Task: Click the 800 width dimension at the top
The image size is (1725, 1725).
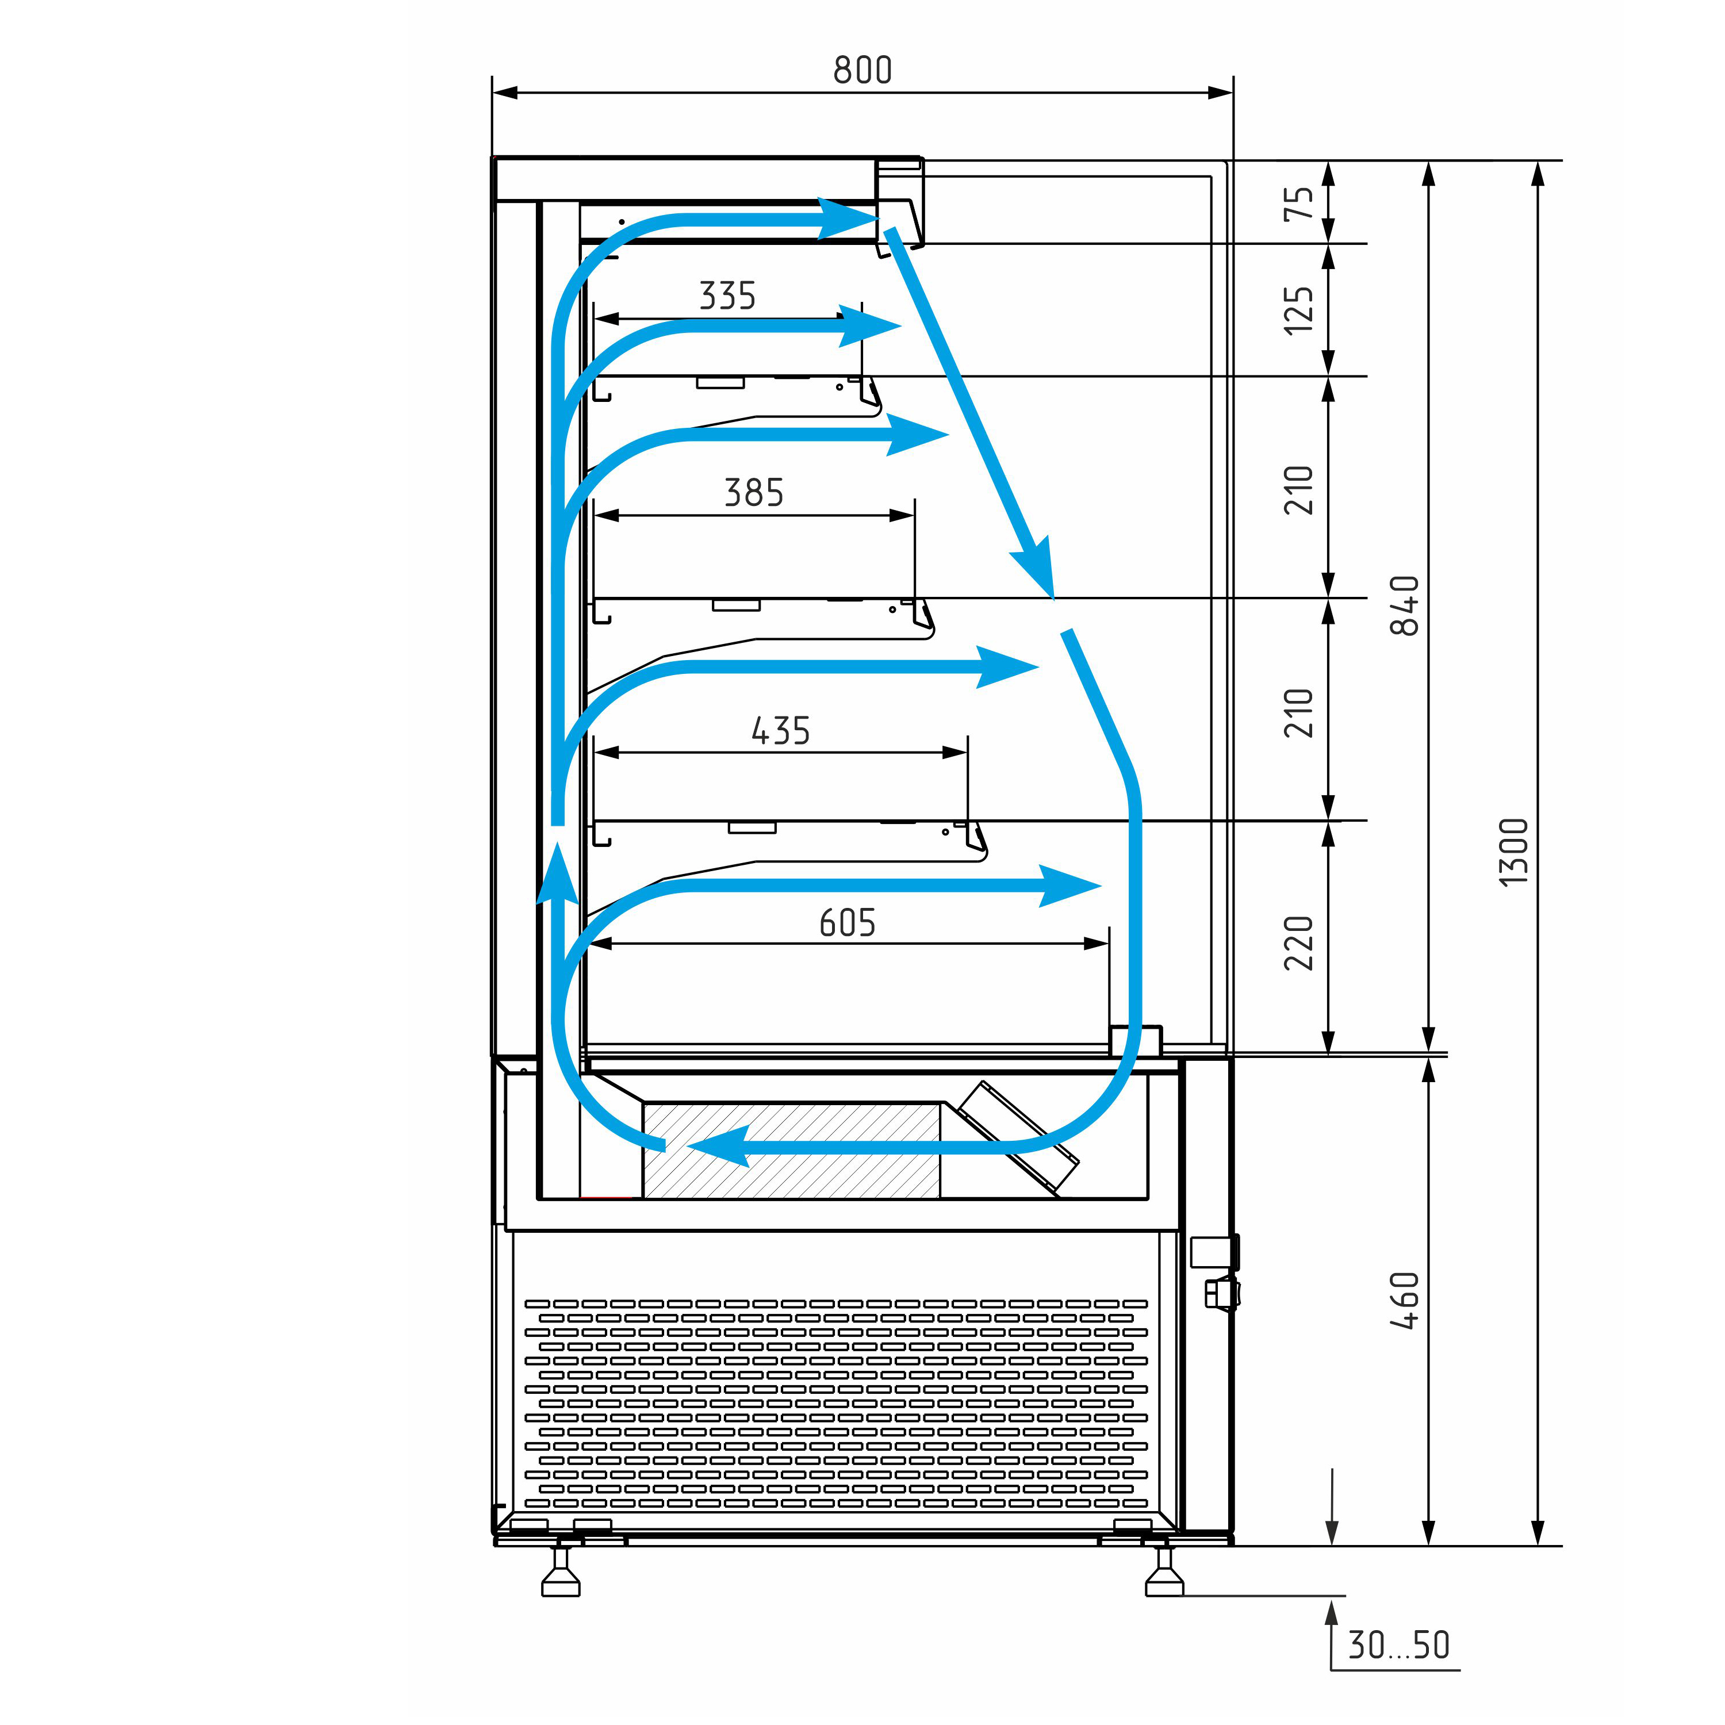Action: pyautogui.click(x=862, y=70)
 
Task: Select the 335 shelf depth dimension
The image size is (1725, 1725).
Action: pyautogui.click(x=728, y=296)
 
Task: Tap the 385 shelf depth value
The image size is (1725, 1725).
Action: pyautogui.click(x=754, y=493)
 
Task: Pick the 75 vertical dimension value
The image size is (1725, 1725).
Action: pyautogui.click(x=1299, y=204)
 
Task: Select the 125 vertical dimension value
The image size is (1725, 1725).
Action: pyautogui.click(x=1299, y=310)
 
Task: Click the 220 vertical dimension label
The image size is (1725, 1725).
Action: pyautogui.click(x=1299, y=943)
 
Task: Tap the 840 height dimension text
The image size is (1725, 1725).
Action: pyautogui.click(x=1405, y=605)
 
